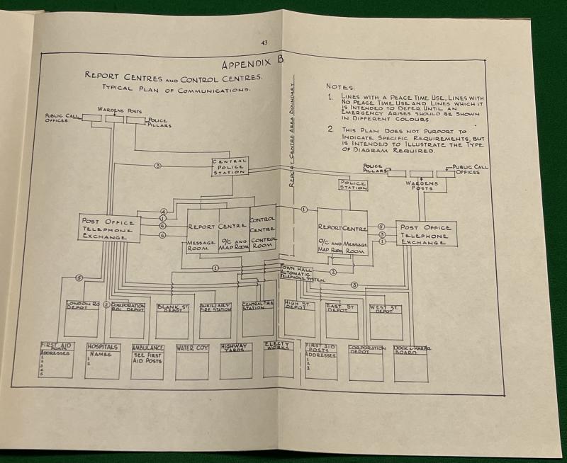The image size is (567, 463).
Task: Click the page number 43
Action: (264, 43)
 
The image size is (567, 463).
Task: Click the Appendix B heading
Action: (245, 63)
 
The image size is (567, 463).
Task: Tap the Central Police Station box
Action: (230, 167)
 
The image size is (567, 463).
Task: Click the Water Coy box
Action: (192, 361)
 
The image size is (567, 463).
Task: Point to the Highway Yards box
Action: (236, 360)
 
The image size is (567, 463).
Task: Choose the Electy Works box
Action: (279, 358)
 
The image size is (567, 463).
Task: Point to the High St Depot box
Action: (299, 319)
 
